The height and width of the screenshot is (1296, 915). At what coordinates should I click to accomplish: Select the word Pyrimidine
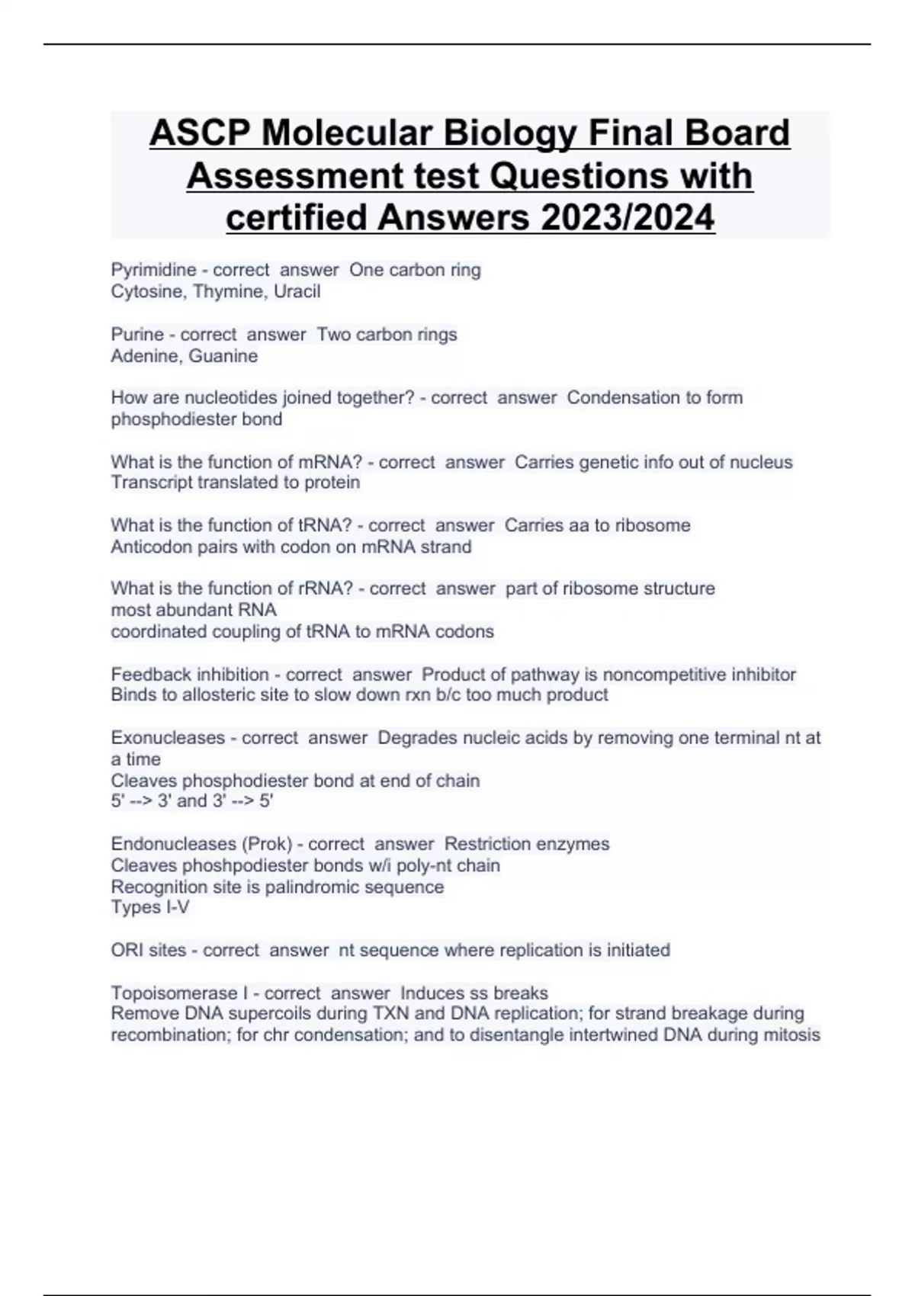tap(153, 270)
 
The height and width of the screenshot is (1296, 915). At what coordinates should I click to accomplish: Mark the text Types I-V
tap(150, 907)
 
